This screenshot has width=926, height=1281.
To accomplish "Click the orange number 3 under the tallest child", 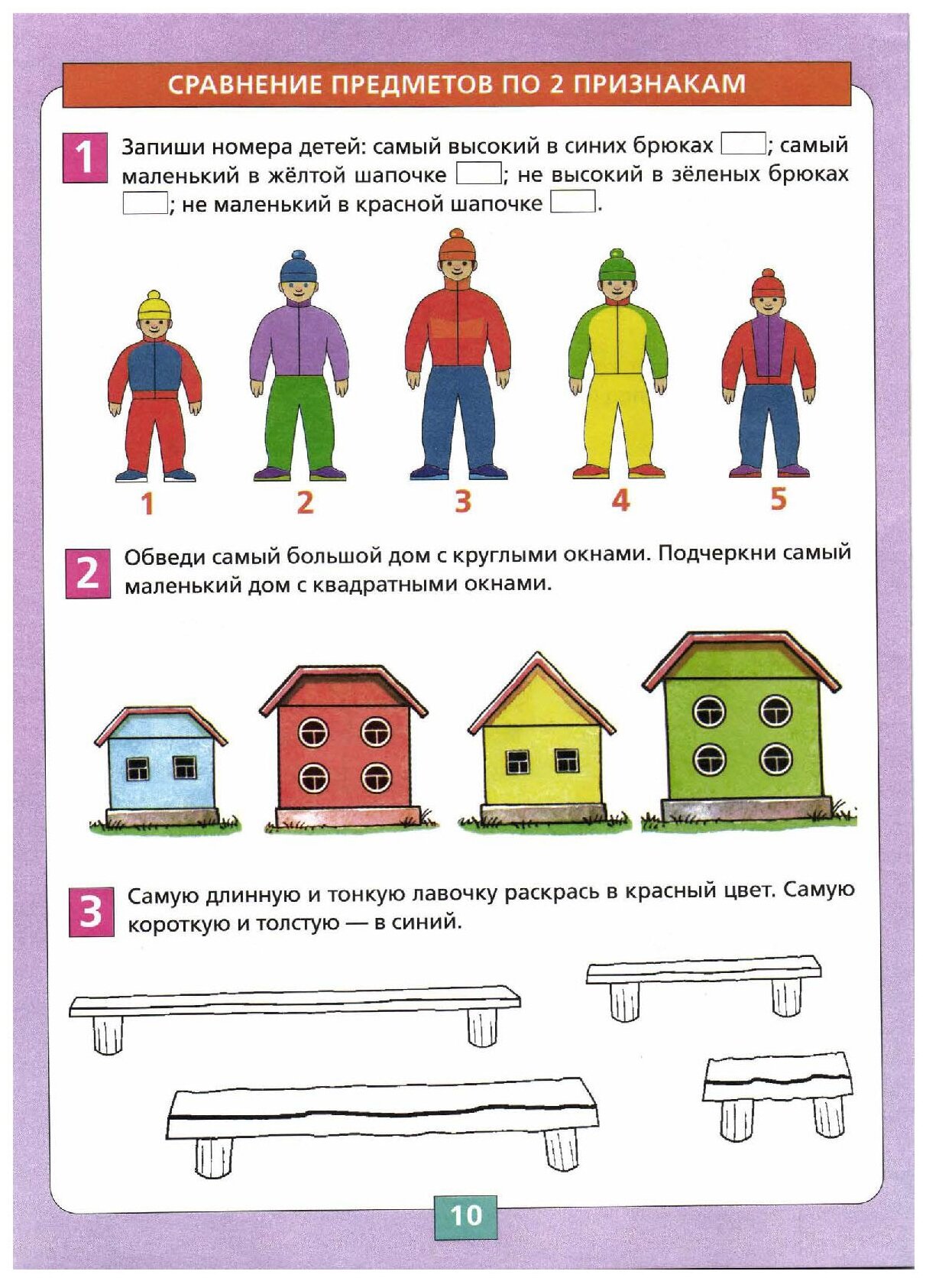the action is [462, 501].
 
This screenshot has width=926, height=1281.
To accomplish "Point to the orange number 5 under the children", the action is [779, 498].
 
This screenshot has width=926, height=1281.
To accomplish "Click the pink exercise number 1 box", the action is [85, 157].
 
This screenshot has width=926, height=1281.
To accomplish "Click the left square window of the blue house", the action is [138, 768].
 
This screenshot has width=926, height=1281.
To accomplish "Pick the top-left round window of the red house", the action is [312, 732].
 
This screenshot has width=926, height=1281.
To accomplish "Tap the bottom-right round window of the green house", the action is [775, 757].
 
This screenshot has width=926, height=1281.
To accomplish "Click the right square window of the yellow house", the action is [567, 760].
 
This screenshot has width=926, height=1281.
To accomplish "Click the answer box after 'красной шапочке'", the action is [573, 202].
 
